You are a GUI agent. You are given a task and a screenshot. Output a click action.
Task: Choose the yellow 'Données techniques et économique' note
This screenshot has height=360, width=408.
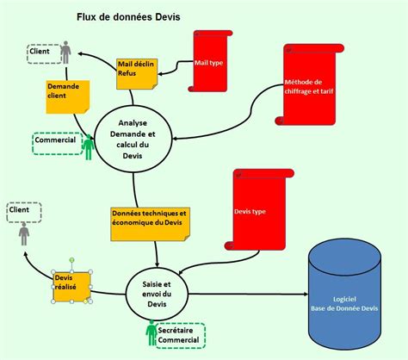point(148,223)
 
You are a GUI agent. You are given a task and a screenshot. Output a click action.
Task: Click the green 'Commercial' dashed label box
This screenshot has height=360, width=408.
point(56,141)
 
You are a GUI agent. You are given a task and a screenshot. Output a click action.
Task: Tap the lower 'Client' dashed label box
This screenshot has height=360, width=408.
point(20,209)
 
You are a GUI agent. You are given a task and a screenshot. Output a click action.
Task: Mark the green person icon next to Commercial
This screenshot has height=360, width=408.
point(88,146)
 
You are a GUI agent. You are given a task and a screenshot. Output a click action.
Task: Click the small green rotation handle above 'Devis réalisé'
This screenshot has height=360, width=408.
point(72,260)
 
